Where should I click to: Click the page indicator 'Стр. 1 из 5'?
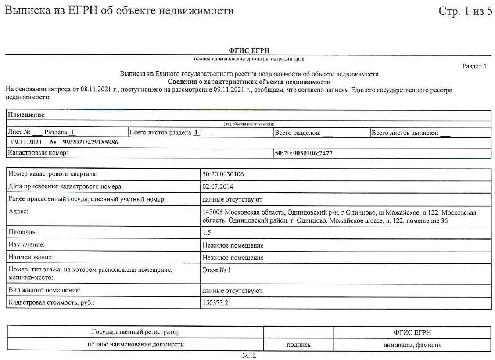pos(465,11)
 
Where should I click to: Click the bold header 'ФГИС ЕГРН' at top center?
pos(248,50)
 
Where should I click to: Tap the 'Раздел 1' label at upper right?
pos(474,67)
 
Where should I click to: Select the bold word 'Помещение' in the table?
pos(26,115)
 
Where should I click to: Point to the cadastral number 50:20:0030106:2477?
pos(305,153)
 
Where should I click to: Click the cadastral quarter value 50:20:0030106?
pos(223,174)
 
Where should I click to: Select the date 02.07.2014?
pos(218,187)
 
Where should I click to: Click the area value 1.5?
pos(207,233)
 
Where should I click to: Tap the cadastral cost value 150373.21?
pos(217,303)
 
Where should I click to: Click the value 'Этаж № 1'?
pos(217,270)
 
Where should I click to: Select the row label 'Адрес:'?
pos(18,212)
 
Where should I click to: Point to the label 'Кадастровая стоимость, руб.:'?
pos(51,303)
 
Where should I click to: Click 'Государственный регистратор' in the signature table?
pos(136,332)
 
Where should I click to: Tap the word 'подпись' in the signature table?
pos(298,345)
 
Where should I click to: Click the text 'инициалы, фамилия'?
pos(412,345)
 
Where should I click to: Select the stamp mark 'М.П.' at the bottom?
pos(249,356)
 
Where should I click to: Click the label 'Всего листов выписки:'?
pos(405,133)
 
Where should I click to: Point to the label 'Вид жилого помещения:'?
pos(44,290)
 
